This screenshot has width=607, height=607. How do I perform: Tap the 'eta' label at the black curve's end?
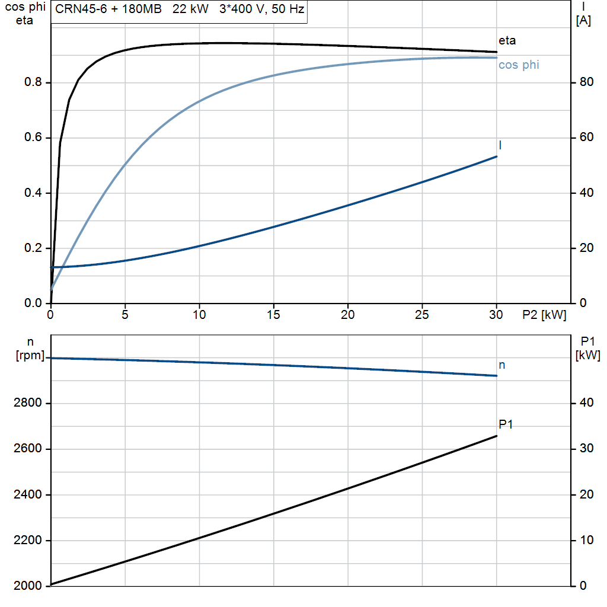(x=507, y=41)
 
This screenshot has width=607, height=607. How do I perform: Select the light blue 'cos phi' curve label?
(x=519, y=65)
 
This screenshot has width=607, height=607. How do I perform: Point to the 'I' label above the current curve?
(x=500, y=145)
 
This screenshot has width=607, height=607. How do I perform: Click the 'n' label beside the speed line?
(x=501, y=365)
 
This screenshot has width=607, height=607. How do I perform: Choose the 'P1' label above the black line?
(x=506, y=424)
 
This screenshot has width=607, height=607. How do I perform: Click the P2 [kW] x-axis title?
(x=544, y=315)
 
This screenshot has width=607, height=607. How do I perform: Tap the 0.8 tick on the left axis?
(x=33, y=82)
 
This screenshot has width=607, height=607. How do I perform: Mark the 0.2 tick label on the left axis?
(x=33, y=248)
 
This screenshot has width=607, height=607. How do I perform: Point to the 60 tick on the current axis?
(x=586, y=138)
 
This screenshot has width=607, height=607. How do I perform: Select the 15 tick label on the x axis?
(x=273, y=315)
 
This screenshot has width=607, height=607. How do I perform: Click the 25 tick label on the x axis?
(x=422, y=315)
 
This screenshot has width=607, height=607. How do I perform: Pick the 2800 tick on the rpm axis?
(x=27, y=403)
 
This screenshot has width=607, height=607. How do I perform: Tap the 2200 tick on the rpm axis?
(x=27, y=541)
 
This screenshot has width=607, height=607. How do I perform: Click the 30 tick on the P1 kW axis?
(x=586, y=449)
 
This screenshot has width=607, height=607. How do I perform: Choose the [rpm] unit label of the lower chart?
(x=30, y=356)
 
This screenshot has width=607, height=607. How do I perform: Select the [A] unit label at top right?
(x=583, y=21)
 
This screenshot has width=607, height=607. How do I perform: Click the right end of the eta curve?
(x=497, y=52)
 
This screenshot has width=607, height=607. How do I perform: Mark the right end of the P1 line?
(x=497, y=436)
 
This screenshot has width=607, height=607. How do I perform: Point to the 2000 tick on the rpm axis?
(x=27, y=586)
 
